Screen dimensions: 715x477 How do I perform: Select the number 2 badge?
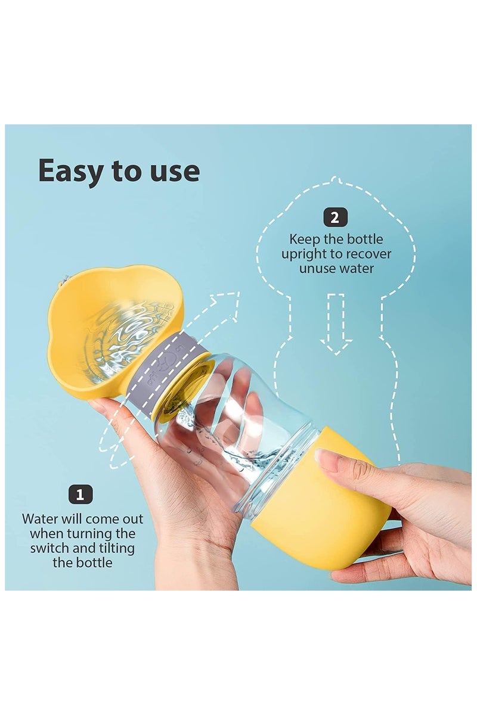[x=334, y=217]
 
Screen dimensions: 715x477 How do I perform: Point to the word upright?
[x=311, y=254]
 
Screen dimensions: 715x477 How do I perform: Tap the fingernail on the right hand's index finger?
[x=326, y=461]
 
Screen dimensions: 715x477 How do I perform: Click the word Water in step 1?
[x=41, y=519]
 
